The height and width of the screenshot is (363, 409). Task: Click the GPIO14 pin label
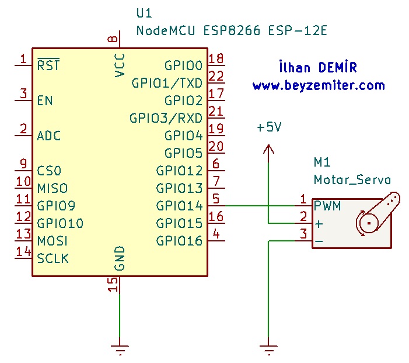pyautogui.click(x=179, y=206)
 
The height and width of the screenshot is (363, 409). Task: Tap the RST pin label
pyautogui.click(x=48, y=65)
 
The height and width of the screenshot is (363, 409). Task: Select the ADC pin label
pyautogui.click(x=49, y=136)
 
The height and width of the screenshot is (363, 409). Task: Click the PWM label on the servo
pyautogui.click(x=327, y=206)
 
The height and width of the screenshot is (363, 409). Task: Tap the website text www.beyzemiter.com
pyautogui.click(x=319, y=85)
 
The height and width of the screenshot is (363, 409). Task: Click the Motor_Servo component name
pyautogui.click(x=352, y=179)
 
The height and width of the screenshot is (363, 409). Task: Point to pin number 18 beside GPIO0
pyautogui.click(x=216, y=58)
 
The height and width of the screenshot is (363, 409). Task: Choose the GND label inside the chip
pyautogui.click(x=120, y=258)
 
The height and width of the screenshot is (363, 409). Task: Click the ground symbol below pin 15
pyautogui.click(x=120, y=350)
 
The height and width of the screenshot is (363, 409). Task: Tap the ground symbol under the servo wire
pyautogui.click(x=268, y=350)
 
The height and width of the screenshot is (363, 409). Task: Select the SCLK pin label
pyautogui.click(x=53, y=258)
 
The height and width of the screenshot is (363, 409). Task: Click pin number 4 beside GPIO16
pyautogui.click(x=216, y=234)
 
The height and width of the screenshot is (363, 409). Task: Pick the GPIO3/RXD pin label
pyautogui.click(x=166, y=118)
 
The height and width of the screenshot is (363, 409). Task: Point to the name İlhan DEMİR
pyautogui.click(x=318, y=68)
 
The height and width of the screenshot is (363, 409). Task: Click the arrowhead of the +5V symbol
pyautogui.click(x=268, y=150)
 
